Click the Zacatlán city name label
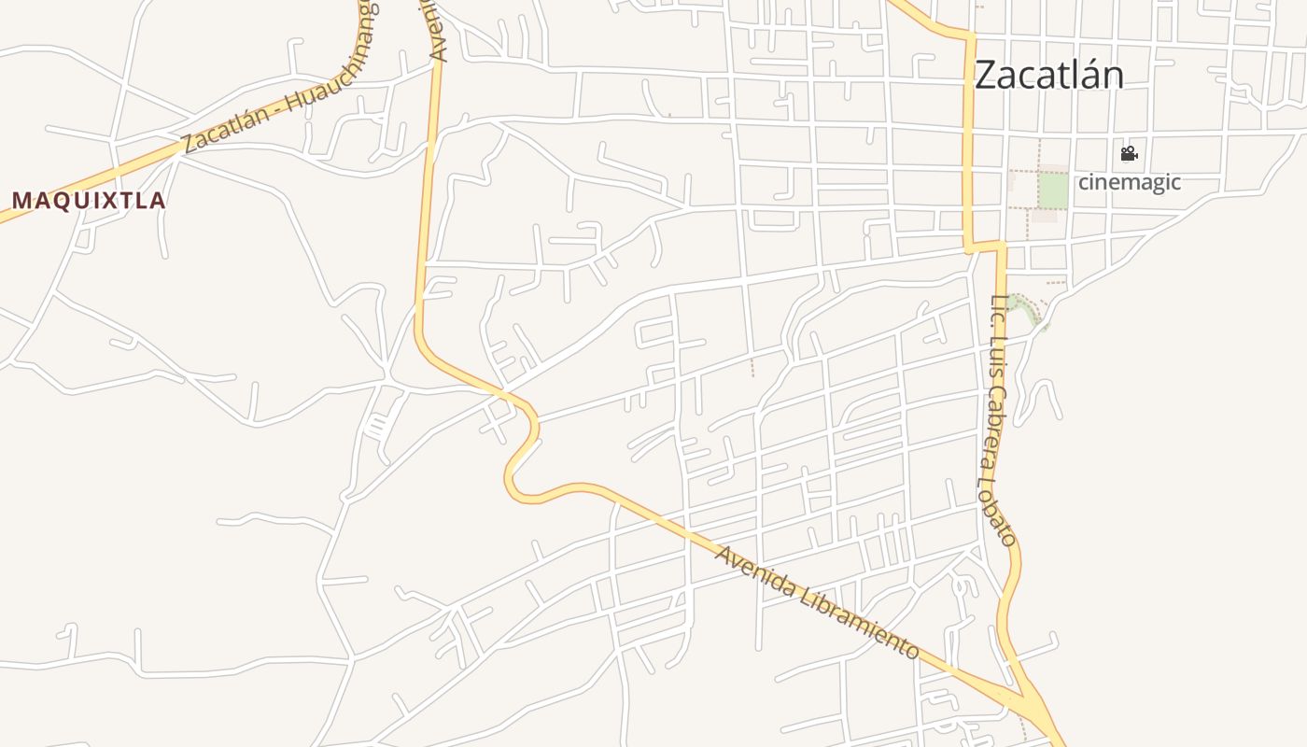coord(1048,76)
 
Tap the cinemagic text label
coord(1129,182)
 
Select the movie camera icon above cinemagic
coord(1129,153)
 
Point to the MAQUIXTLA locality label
coord(89,201)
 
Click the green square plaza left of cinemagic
coord(1053,191)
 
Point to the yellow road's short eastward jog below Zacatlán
coord(985,247)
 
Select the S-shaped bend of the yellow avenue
coord(524,448)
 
